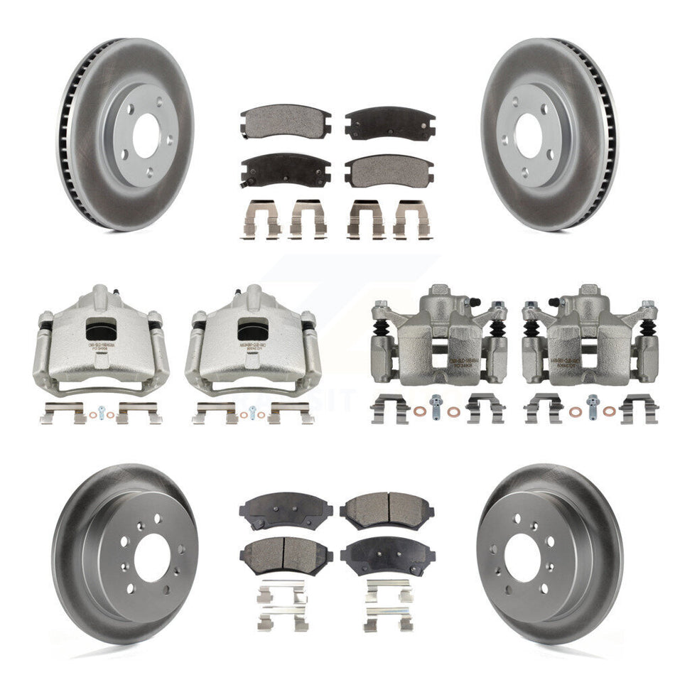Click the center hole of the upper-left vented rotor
point(145,135)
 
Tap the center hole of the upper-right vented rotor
point(529,135)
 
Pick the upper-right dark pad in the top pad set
point(389,123)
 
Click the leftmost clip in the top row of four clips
point(262,217)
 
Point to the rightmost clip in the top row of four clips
point(411,217)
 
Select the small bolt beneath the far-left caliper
point(102,411)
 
